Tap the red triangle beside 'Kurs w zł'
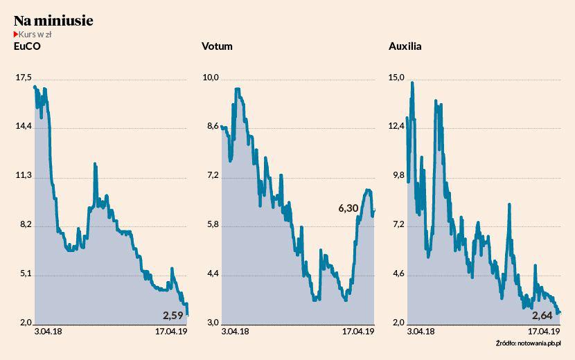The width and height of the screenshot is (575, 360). coord(16,35)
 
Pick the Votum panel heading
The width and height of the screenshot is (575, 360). coord(216,47)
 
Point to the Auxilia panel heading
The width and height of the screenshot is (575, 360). coord(405,47)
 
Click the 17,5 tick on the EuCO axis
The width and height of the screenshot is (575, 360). coord(23,78)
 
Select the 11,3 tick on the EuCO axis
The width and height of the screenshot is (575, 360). coord(23,176)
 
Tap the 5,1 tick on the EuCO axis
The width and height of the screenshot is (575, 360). coord(23,274)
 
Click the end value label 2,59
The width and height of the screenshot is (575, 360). coord(174,316)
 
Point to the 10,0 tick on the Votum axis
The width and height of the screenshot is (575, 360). coord(210,78)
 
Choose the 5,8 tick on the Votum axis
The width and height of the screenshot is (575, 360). coord(210,225)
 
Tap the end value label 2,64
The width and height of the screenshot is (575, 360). coord(544,316)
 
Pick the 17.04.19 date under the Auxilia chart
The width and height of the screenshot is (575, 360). coord(542,332)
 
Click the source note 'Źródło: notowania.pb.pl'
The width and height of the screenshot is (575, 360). coord(528,343)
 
